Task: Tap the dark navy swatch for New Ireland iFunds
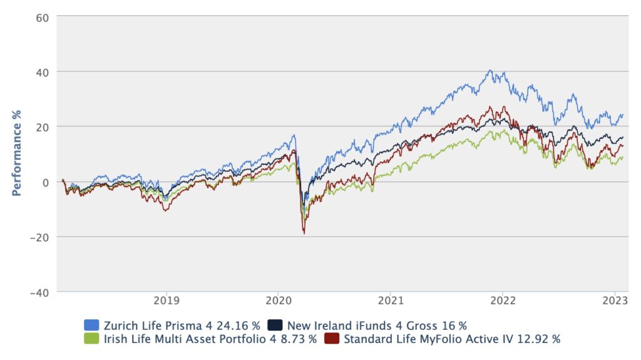tap(274, 325)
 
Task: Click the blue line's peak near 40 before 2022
tap(490, 70)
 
